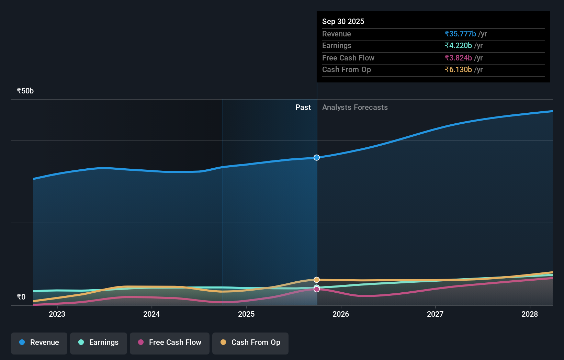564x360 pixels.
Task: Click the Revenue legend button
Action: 39,342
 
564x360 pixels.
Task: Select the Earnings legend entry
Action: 99,342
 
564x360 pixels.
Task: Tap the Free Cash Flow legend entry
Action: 170,342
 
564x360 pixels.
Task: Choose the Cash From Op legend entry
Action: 250,342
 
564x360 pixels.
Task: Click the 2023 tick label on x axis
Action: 57,314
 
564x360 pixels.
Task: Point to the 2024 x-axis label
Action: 151,314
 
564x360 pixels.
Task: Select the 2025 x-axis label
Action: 246,314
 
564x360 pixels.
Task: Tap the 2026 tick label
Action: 341,314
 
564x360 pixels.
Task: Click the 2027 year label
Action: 435,314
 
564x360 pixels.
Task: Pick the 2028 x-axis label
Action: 530,314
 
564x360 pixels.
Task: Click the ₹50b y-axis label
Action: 25,91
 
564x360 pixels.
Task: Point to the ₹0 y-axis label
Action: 21,297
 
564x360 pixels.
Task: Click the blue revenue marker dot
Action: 317,158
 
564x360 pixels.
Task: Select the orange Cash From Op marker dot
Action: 317,280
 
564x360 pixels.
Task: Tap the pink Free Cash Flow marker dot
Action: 317,290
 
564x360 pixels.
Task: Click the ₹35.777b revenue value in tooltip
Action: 460,34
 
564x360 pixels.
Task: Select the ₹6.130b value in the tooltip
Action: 458,70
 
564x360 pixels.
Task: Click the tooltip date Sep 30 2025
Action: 343,22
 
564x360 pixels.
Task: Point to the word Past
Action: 303,108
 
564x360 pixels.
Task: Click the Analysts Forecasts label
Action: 355,108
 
